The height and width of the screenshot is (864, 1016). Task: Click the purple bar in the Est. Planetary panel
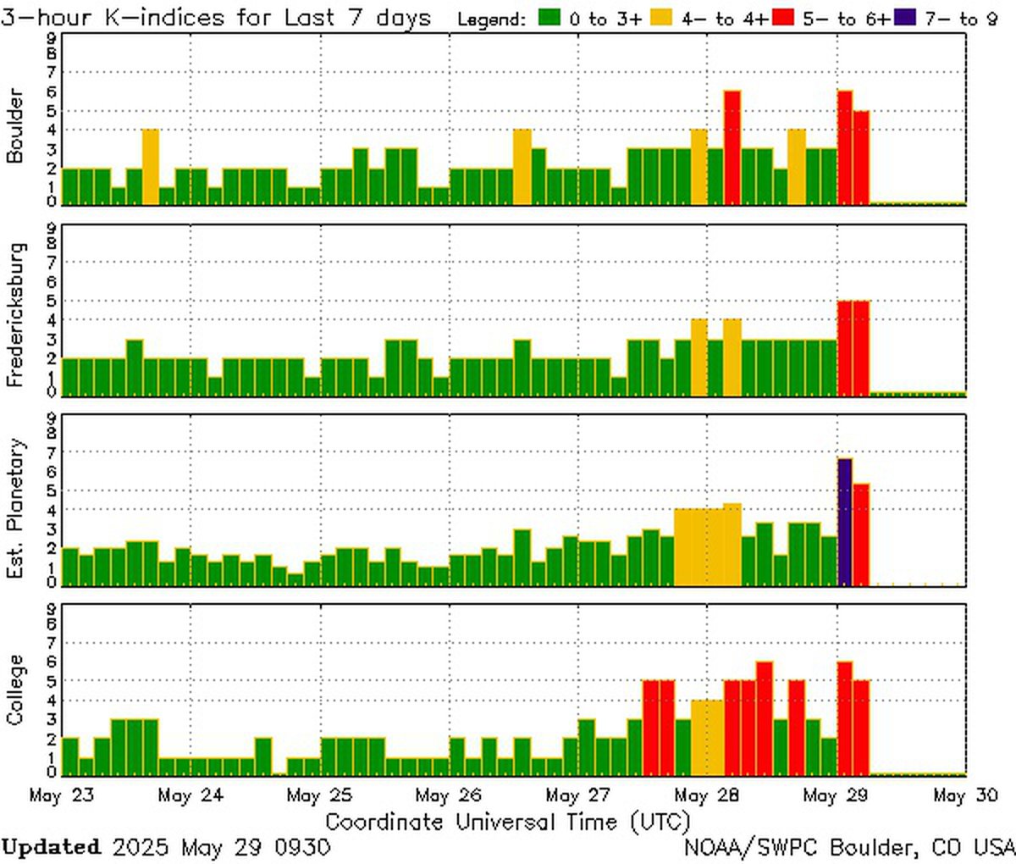click(844, 521)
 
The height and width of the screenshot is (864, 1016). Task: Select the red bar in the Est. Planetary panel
click(861, 534)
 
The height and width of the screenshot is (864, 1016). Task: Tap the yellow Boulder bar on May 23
click(150, 166)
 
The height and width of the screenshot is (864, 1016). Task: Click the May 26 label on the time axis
click(448, 796)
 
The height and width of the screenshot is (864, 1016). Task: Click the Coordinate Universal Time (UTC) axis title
click(508, 822)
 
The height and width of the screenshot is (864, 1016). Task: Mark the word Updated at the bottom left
click(51, 847)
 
